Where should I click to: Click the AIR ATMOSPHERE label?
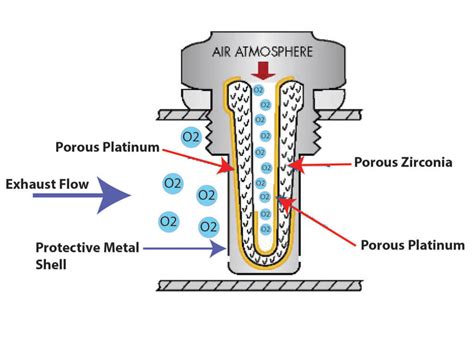(264, 49)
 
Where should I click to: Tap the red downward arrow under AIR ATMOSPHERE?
(263, 70)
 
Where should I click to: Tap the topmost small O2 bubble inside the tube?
(258, 90)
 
